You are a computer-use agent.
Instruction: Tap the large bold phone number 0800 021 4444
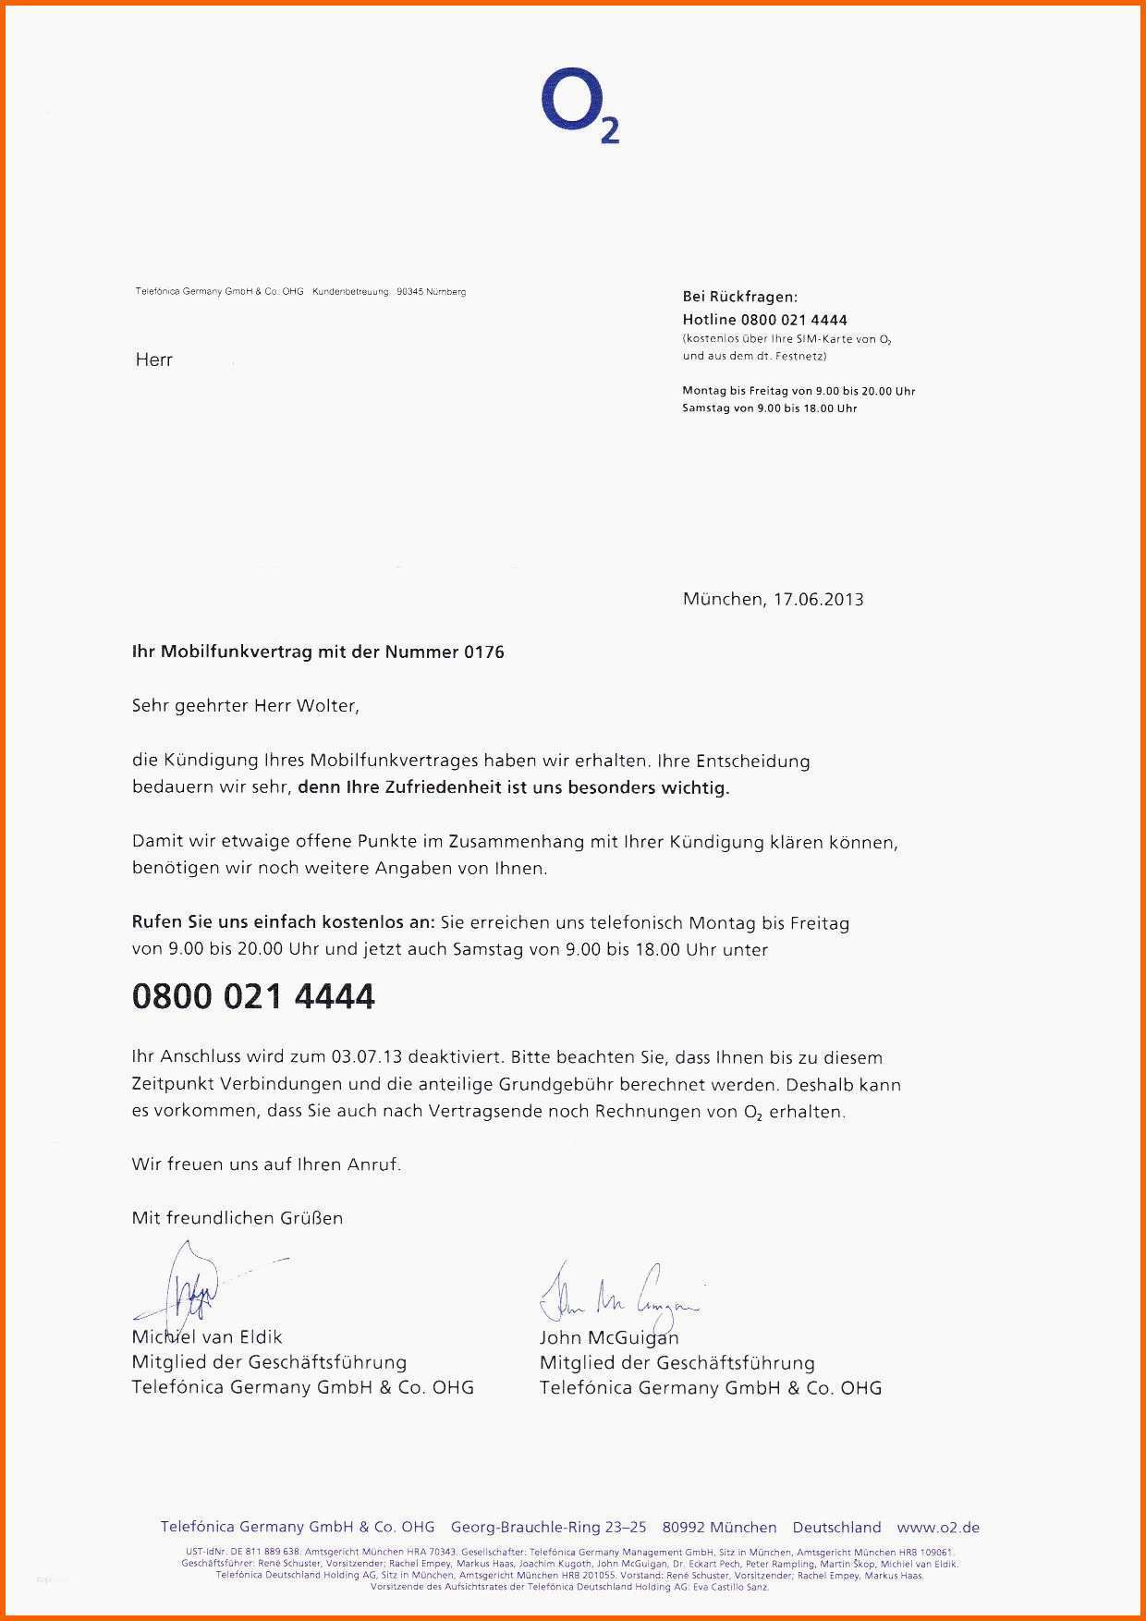tap(253, 996)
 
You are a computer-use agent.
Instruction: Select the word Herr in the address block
tap(154, 360)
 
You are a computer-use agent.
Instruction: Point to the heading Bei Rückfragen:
tap(739, 297)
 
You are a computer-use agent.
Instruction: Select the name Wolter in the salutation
tap(325, 706)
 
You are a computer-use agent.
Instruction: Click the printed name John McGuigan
tap(609, 1337)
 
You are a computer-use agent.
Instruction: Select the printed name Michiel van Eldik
tap(207, 1337)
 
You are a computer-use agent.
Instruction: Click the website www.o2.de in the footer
tap(938, 1528)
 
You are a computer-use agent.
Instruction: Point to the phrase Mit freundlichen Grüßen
tap(238, 1218)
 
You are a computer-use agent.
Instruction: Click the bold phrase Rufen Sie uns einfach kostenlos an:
tap(283, 922)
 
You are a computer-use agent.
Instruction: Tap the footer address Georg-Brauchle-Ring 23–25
tap(549, 1528)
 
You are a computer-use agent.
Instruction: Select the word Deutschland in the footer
tap(836, 1528)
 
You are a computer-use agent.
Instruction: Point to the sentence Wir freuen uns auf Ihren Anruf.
tap(266, 1164)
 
